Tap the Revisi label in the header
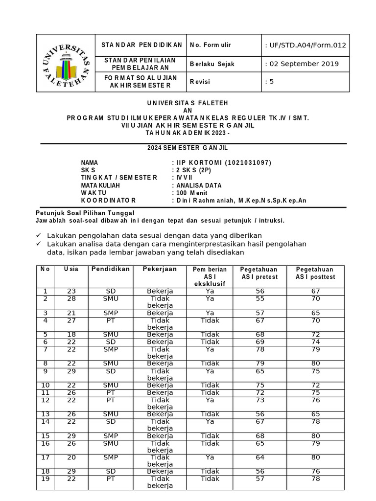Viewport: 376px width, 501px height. pos(200,82)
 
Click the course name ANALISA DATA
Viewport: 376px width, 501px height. pos(199,185)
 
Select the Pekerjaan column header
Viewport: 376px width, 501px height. pos(160,270)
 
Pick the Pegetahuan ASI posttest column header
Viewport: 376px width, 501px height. pos(315,273)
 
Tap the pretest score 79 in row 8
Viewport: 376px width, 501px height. pos(259,363)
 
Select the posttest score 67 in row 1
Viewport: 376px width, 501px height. pos(315,291)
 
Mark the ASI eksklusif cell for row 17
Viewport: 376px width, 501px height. pos(210,457)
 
